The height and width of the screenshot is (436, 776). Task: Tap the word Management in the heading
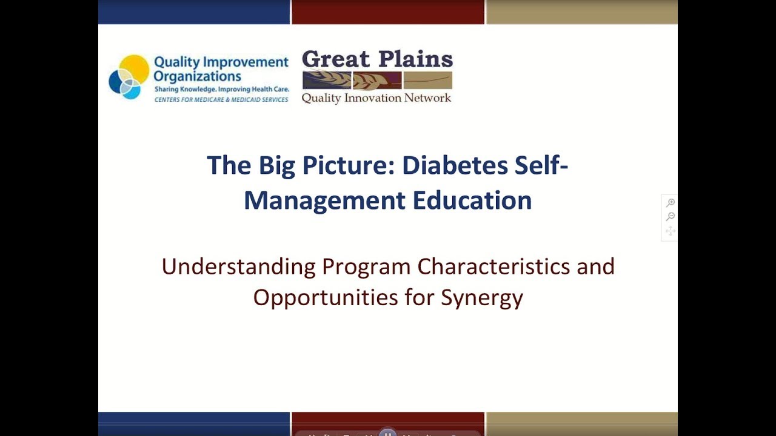(x=324, y=200)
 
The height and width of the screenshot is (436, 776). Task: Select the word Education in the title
(x=472, y=200)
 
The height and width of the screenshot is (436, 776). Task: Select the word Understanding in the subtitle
(x=238, y=266)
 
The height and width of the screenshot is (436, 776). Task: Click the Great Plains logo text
(x=377, y=59)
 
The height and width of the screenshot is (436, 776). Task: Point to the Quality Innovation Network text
(x=376, y=98)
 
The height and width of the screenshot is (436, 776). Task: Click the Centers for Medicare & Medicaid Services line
(x=221, y=99)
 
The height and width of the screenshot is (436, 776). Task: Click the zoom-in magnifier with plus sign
(x=671, y=203)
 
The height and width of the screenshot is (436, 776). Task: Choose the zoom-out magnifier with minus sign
(x=671, y=217)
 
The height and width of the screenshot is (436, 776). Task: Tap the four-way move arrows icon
(x=671, y=231)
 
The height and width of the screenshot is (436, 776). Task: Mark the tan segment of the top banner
(x=581, y=12)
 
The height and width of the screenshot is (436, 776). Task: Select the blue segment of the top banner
(x=194, y=12)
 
